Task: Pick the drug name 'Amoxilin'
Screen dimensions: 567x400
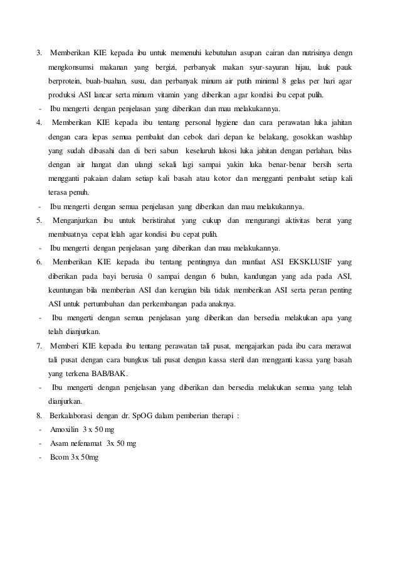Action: (66, 430)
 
